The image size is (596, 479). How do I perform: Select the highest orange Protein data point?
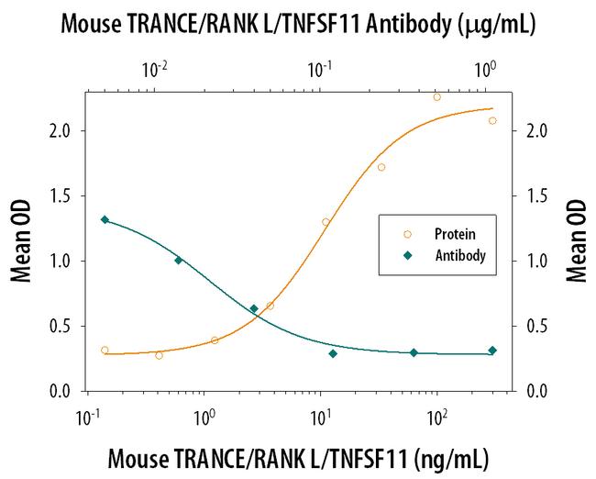coord(436,97)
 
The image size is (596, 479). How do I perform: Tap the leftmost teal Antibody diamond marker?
coord(105,219)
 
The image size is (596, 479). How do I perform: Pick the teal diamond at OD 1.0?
coord(179,261)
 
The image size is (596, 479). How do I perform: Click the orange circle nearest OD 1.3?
coord(326,222)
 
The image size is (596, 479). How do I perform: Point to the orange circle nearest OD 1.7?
coord(381,167)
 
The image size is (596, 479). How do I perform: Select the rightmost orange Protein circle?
coord(492,120)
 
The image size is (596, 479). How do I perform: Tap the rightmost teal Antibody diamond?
coord(492,351)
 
